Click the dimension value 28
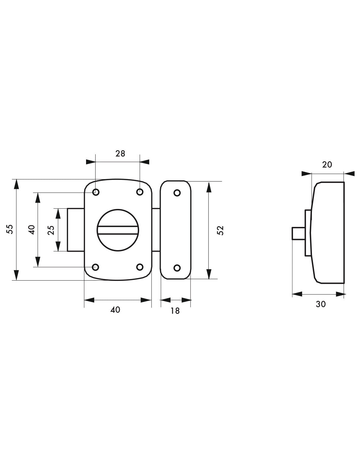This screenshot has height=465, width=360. [120, 153]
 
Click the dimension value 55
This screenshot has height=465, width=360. [10, 229]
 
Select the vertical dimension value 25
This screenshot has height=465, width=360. [51, 230]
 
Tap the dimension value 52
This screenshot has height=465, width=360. [220, 230]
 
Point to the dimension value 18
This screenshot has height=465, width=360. [175, 311]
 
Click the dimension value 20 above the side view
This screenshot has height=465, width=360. [327, 164]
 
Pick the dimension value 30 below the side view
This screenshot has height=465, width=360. [321, 304]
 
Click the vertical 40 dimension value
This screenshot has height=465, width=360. [32, 230]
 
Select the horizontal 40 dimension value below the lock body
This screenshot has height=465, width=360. [115, 310]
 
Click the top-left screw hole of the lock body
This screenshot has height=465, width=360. [96, 192]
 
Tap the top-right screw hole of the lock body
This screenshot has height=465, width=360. [140, 192]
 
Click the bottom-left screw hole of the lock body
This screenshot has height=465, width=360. [96, 267]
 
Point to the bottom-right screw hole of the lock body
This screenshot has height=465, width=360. [140, 267]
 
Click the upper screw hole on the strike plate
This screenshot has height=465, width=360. [177, 193]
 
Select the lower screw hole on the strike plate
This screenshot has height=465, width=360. [177, 268]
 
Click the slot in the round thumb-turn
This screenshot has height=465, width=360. [118, 230]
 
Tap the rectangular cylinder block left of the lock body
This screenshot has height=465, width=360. [76, 230]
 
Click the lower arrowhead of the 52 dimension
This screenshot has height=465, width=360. [209, 274]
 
